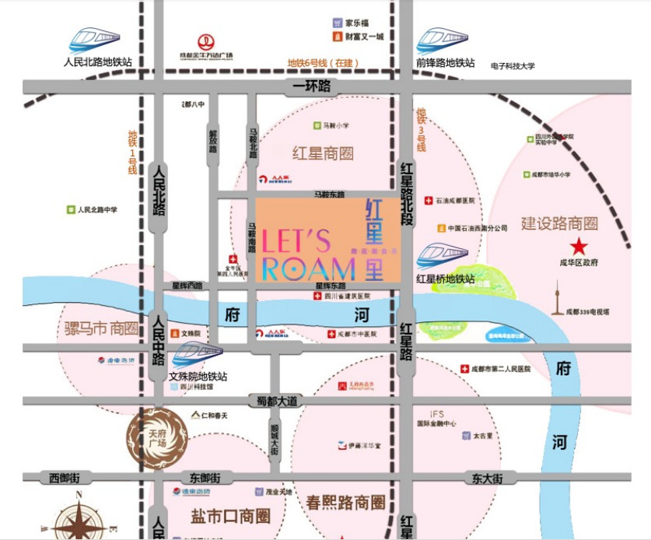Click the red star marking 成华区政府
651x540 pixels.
click(578, 247)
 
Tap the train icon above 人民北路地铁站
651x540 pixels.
click(95, 40)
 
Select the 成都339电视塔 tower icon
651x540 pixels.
click(557, 296)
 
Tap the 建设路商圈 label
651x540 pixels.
click(560, 224)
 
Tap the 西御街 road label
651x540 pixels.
click(64, 478)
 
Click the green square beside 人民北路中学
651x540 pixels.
click(70, 210)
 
